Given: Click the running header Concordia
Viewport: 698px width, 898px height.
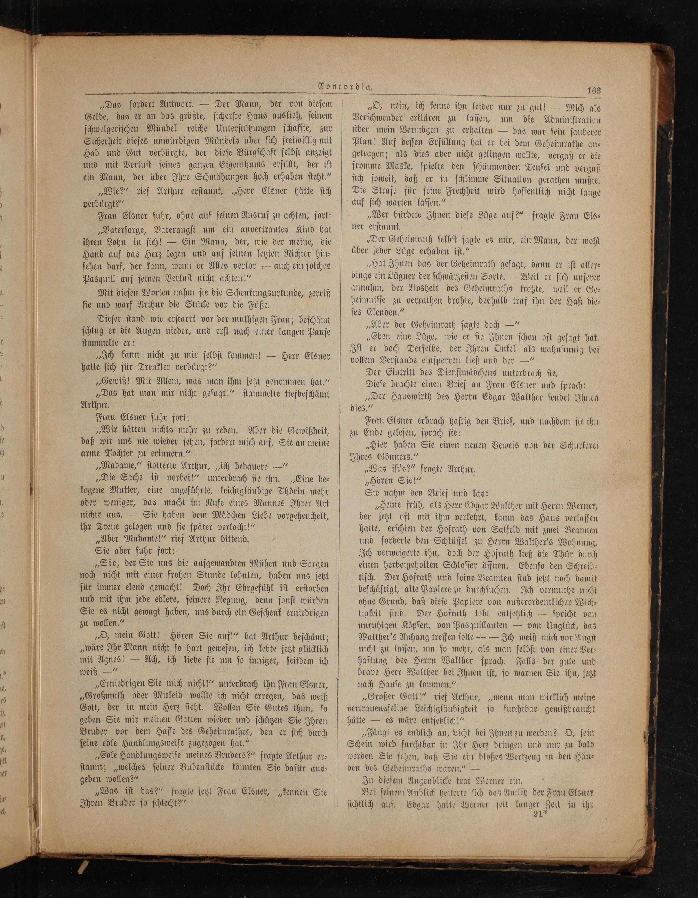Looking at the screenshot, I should pyautogui.click(x=345, y=87).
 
